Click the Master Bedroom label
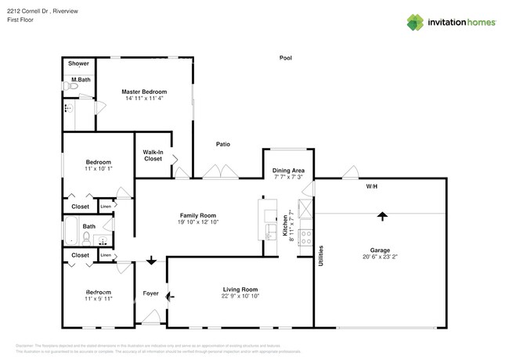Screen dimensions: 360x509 (144, 92)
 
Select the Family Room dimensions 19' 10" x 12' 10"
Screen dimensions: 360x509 (197, 223)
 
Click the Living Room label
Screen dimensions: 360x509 (240, 289)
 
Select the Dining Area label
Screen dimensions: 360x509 (287, 170)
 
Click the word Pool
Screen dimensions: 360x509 (286, 57)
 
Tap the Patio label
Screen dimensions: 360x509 (222, 144)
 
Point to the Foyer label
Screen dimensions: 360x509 (150, 294)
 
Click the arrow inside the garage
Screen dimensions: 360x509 (382, 215)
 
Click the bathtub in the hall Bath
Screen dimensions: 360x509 (70, 232)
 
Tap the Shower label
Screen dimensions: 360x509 (78, 63)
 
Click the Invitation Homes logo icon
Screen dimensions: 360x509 (416, 22)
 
